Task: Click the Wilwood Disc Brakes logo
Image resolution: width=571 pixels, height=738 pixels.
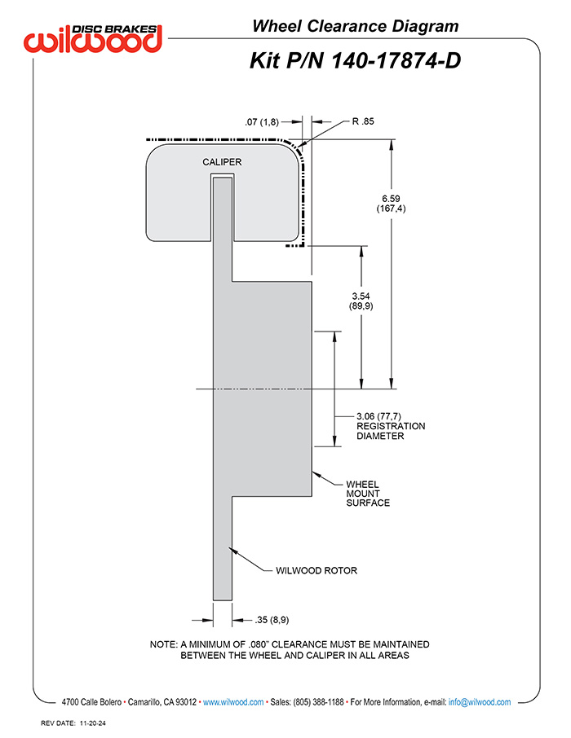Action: pyautogui.click(x=93, y=37)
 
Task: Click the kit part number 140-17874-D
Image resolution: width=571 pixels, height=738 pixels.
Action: pyautogui.click(x=396, y=61)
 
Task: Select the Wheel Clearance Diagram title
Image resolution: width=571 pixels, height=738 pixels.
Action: pyautogui.click(x=356, y=26)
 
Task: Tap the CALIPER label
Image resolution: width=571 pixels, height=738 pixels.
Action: pyautogui.click(x=222, y=162)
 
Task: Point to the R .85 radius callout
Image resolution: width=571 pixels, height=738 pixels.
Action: pyautogui.click(x=363, y=121)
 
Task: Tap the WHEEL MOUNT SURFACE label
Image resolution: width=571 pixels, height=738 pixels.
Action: pyautogui.click(x=368, y=494)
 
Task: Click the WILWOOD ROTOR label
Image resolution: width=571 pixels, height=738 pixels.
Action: pyautogui.click(x=316, y=570)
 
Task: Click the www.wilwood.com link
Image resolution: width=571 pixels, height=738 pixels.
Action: pyautogui.click(x=233, y=702)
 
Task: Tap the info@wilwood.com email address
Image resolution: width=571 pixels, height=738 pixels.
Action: pyautogui.click(x=480, y=702)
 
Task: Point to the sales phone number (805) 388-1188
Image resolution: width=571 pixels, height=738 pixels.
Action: pyautogui.click(x=318, y=702)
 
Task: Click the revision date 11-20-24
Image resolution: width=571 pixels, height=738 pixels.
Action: pyautogui.click(x=93, y=723)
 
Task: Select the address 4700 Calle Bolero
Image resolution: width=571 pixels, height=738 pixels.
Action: pyautogui.click(x=91, y=702)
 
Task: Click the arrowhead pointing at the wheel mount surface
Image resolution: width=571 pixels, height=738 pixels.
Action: pyautogui.click(x=316, y=474)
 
